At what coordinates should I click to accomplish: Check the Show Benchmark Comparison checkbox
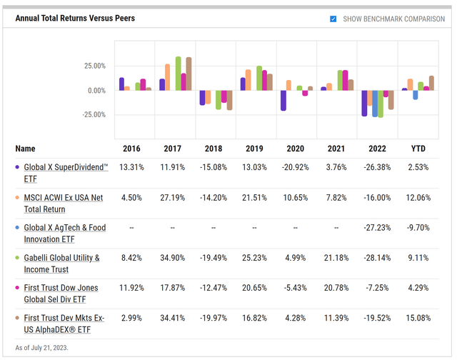(x=333, y=19)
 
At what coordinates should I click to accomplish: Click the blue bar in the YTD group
(x=416, y=94)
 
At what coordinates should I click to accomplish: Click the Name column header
(x=25, y=149)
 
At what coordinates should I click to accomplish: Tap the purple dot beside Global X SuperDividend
(x=18, y=167)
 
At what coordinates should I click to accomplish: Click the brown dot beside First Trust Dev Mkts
(x=18, y=318)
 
